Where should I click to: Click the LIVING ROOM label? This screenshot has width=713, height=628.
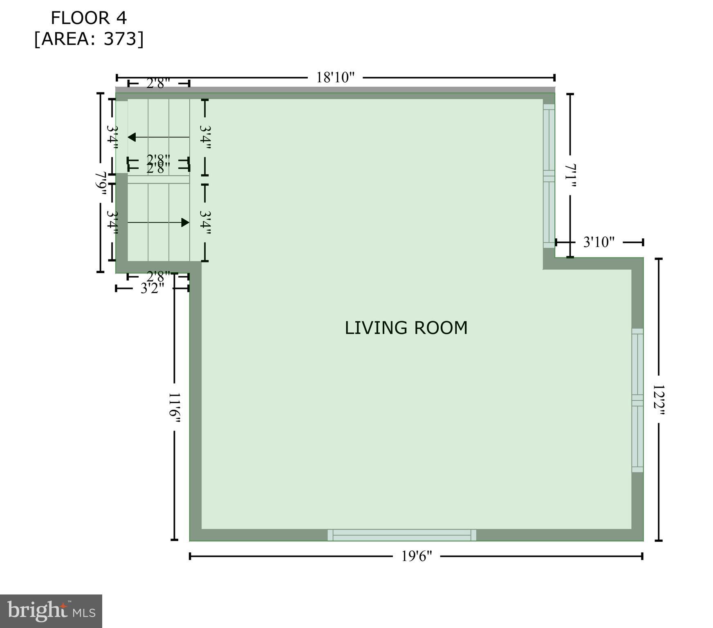click(x=406, y=328)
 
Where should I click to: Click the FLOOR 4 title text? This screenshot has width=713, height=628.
click(x=89, y=18)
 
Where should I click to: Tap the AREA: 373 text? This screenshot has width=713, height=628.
click(x=89, y=39)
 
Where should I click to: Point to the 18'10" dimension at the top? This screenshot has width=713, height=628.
click(x=335, y=77)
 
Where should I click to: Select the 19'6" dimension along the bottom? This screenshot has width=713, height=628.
click(x=416, y=556)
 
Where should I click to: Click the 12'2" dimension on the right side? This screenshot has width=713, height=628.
click(x=658, y=399)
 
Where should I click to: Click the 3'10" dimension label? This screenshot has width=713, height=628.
click(x=599, y=242)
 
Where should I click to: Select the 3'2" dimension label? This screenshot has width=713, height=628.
click(x=152, y=288)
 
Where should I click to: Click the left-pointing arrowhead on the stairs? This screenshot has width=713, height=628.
click(x=132, y=137)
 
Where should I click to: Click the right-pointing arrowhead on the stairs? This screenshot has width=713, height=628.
click(x=185, y=222)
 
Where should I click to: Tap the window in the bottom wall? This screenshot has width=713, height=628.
click(x=401, y=535)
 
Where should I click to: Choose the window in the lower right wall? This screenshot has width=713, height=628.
click(x=637, y=400)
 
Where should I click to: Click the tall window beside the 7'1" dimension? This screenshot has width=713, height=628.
click(x=549, y=176)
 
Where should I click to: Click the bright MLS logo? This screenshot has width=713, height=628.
click(x=51, y=611)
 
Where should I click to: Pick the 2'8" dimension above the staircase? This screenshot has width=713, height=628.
click(x=158, y=83)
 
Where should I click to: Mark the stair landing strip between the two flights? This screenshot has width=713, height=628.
click(x=158, y=179)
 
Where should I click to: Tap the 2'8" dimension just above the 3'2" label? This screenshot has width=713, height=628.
click(x=158, y=275)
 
